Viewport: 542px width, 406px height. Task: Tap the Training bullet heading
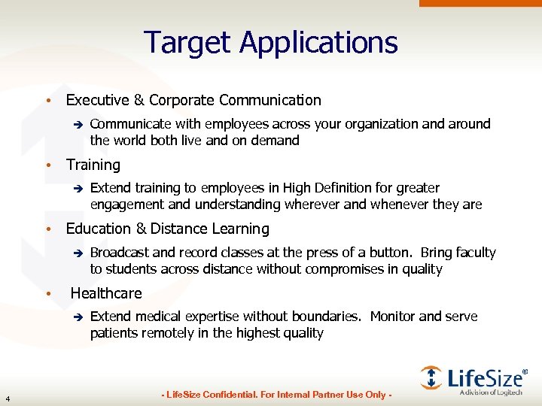click(93, 165)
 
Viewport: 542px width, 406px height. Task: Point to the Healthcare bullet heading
click(106, 293)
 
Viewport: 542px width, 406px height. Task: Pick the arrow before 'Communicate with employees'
click(76, 125)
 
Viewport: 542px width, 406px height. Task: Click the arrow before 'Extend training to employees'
click(76, 189)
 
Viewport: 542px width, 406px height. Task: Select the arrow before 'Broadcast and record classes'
click(76, 253)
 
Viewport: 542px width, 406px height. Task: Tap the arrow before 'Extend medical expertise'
click(76, 317)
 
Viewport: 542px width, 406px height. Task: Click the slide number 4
click(7, 398)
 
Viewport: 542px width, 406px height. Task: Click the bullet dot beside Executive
click(47, 101)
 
